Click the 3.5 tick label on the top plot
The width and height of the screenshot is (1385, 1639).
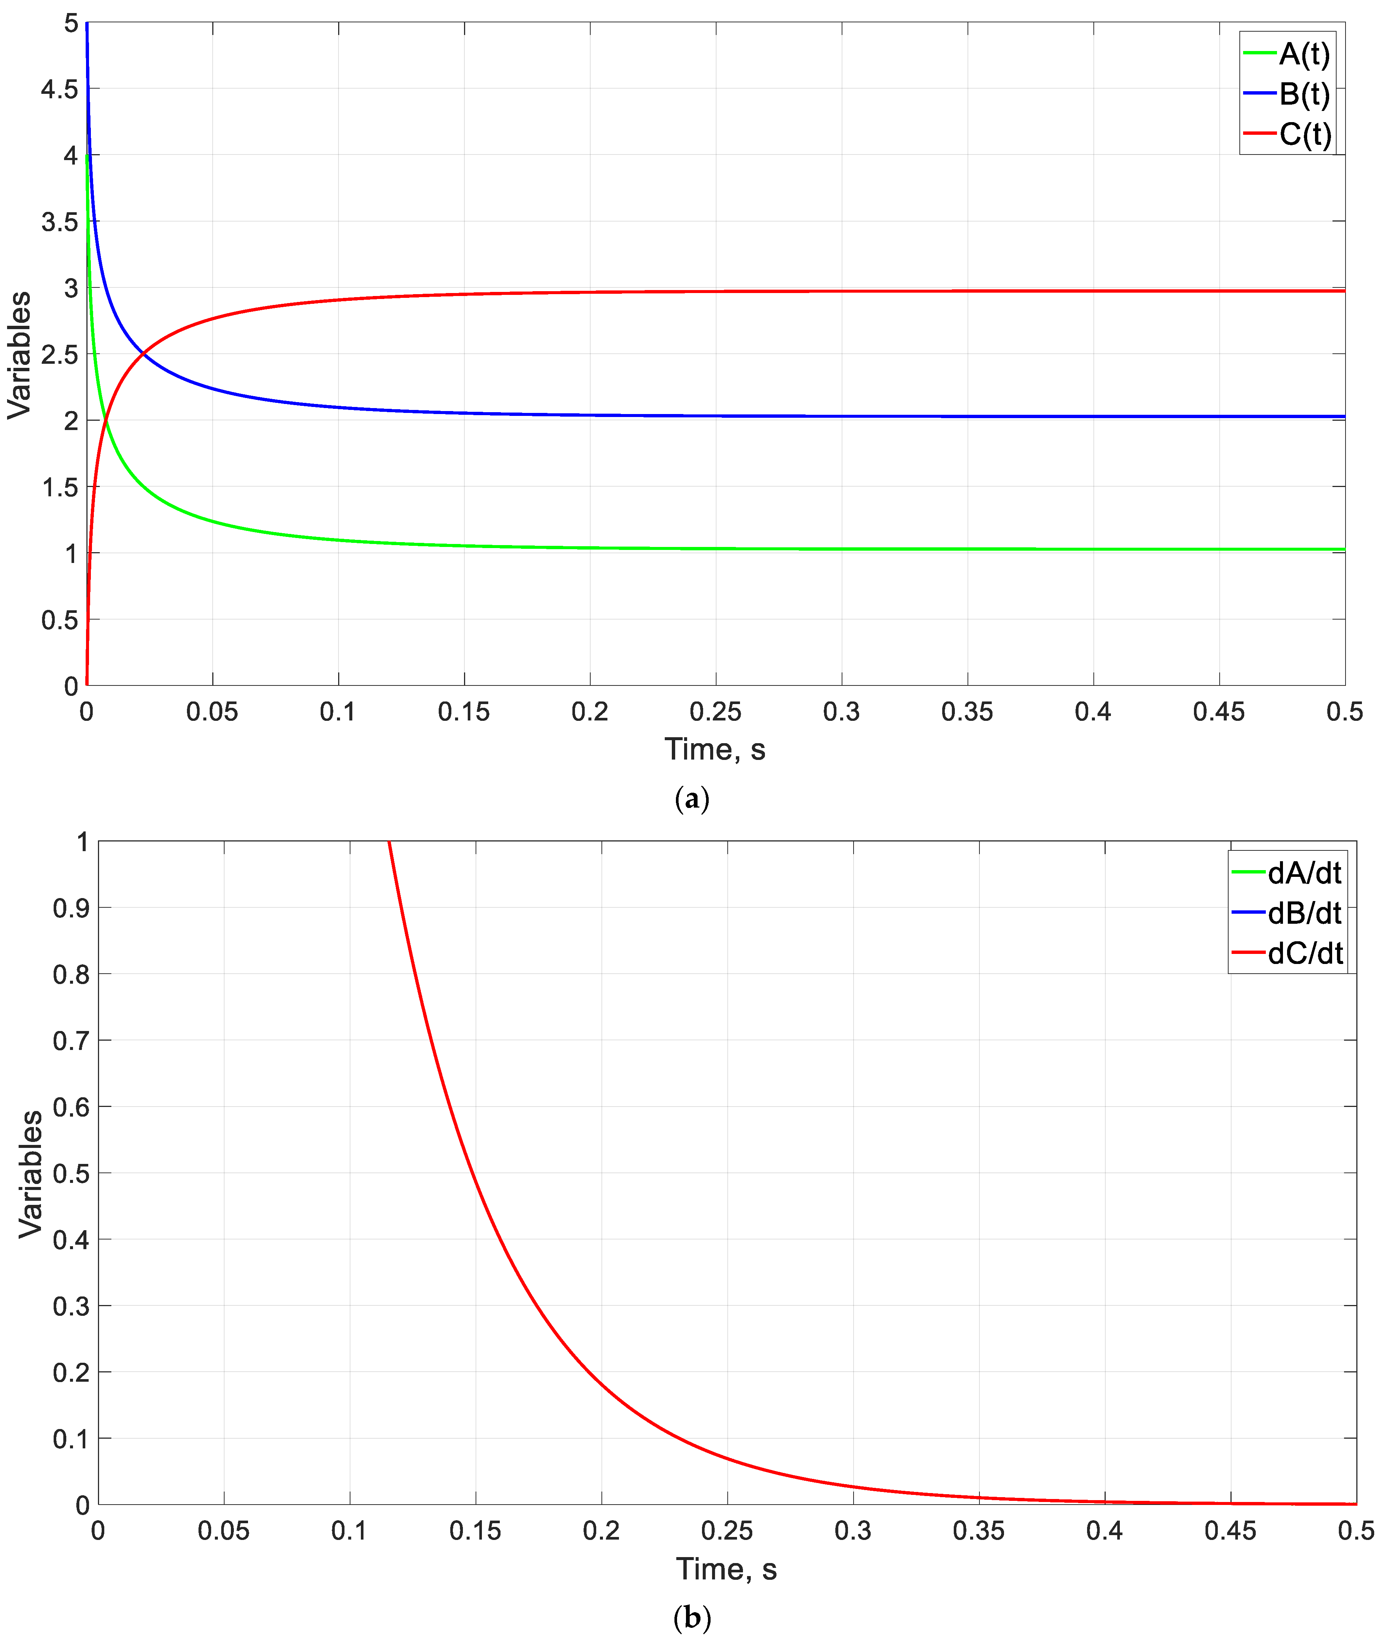point(60,222)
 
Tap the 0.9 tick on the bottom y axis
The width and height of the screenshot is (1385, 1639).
point(71,908)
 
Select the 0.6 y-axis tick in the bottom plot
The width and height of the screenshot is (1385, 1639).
point(71,1107)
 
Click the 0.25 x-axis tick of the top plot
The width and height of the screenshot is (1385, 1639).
point(715,712)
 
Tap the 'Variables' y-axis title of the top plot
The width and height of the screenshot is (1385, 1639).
point(20,355)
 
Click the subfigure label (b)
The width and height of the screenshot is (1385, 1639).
point(692,1618)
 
